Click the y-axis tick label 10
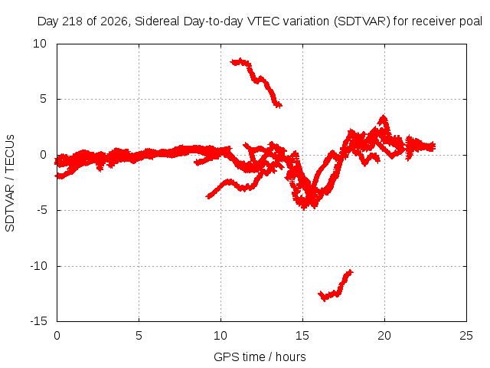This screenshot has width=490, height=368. pos(40,44)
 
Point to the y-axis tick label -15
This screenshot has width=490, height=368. pos(39,321)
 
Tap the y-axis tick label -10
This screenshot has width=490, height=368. pos(39,266)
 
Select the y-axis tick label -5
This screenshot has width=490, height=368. pos(42,210)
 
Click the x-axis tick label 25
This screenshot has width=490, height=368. pos(466,336)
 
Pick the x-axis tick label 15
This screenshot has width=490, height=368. pos(302,336)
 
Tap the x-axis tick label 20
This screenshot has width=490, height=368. pos(384,336)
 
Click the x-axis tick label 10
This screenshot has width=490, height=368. pos(220,336)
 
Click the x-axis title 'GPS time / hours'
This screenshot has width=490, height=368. pos(260,356)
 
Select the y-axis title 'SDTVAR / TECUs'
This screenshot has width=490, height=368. pos(10,183)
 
